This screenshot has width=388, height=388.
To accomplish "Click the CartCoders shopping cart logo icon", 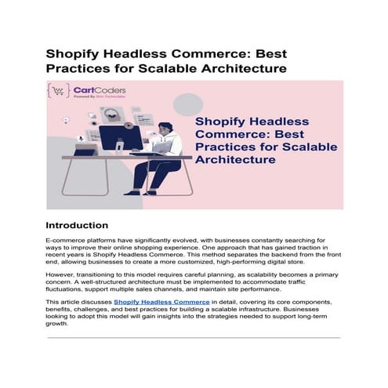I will pyautogui.click(x=58, y=91).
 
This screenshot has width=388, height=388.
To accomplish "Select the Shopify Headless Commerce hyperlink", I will pyautogui.click(x=161, y=301).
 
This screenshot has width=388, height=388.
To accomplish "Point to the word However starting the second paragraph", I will pyautogui.click(x=63, y=276).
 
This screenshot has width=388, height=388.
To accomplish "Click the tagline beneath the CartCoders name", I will pyautogui.click(x=94, y=97).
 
